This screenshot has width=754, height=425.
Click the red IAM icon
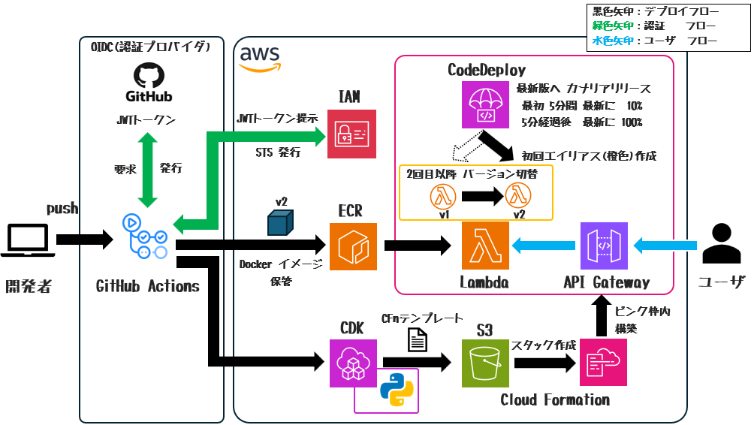351,134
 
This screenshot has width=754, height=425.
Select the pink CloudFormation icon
603,363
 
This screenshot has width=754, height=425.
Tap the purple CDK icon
354,363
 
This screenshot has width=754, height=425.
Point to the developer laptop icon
28,241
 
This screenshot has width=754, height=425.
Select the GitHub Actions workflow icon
146,237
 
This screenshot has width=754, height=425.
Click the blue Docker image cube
281,222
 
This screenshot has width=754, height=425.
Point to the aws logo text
259,56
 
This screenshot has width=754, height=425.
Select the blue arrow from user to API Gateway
666,244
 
